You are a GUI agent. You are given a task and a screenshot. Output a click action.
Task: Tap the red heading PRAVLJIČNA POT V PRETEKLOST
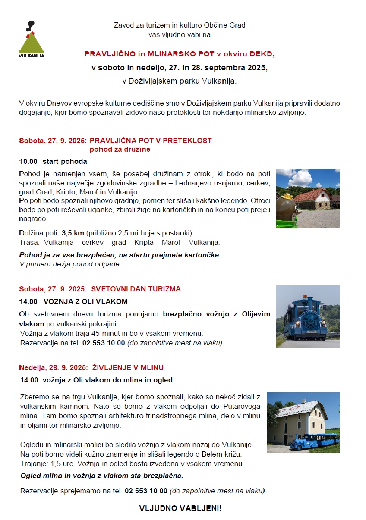tap(151, 141)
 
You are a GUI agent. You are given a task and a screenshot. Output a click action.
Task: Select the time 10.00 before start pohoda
tap(28, 162)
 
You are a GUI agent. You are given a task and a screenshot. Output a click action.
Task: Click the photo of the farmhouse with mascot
tap(308, 198)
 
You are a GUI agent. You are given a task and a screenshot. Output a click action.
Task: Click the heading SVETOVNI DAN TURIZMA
tap(136, 289)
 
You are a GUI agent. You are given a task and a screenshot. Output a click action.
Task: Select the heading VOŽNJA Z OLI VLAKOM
tap(85, 301)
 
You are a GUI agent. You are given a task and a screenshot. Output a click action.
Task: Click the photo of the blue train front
tap(308, 316)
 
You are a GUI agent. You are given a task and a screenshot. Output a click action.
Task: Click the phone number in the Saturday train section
tap(104, 343)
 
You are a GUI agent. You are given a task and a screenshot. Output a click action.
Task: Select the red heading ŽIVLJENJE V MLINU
tap(128, 367)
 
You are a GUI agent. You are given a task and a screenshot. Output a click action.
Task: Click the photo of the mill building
tap(303, 422)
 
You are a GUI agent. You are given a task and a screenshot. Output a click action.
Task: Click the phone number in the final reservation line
tap(146, 491)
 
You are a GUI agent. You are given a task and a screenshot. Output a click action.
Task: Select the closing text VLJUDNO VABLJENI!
tap(180, 508)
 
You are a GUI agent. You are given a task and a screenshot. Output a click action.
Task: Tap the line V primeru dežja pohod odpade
tap(70, 264)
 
